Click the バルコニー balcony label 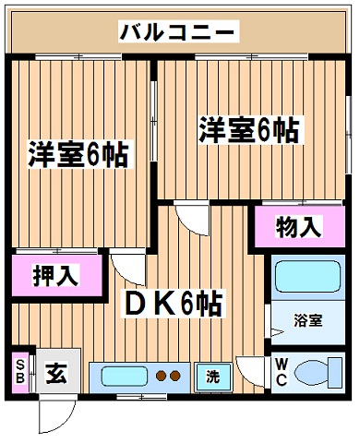tap(179, 31)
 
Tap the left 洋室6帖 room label tap(78, 154)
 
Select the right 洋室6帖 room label tap(249, 130)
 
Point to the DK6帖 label tap(174, 304)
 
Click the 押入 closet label tap(56, 275)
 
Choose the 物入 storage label tap(299, 227)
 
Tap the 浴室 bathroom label tap(307, 321)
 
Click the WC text tap(282, 373)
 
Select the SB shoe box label tap(20, 372)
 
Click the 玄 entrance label tap(56, 373)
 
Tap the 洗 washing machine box tap(213, 377)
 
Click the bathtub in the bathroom tap(308, 277)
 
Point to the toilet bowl tap(311, 373)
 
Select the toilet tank tap(335, 373)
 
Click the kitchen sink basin tap(125, 377)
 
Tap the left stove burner tap(162, 376)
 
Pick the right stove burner tap(174, 376)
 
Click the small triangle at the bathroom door tap(277, 332)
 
